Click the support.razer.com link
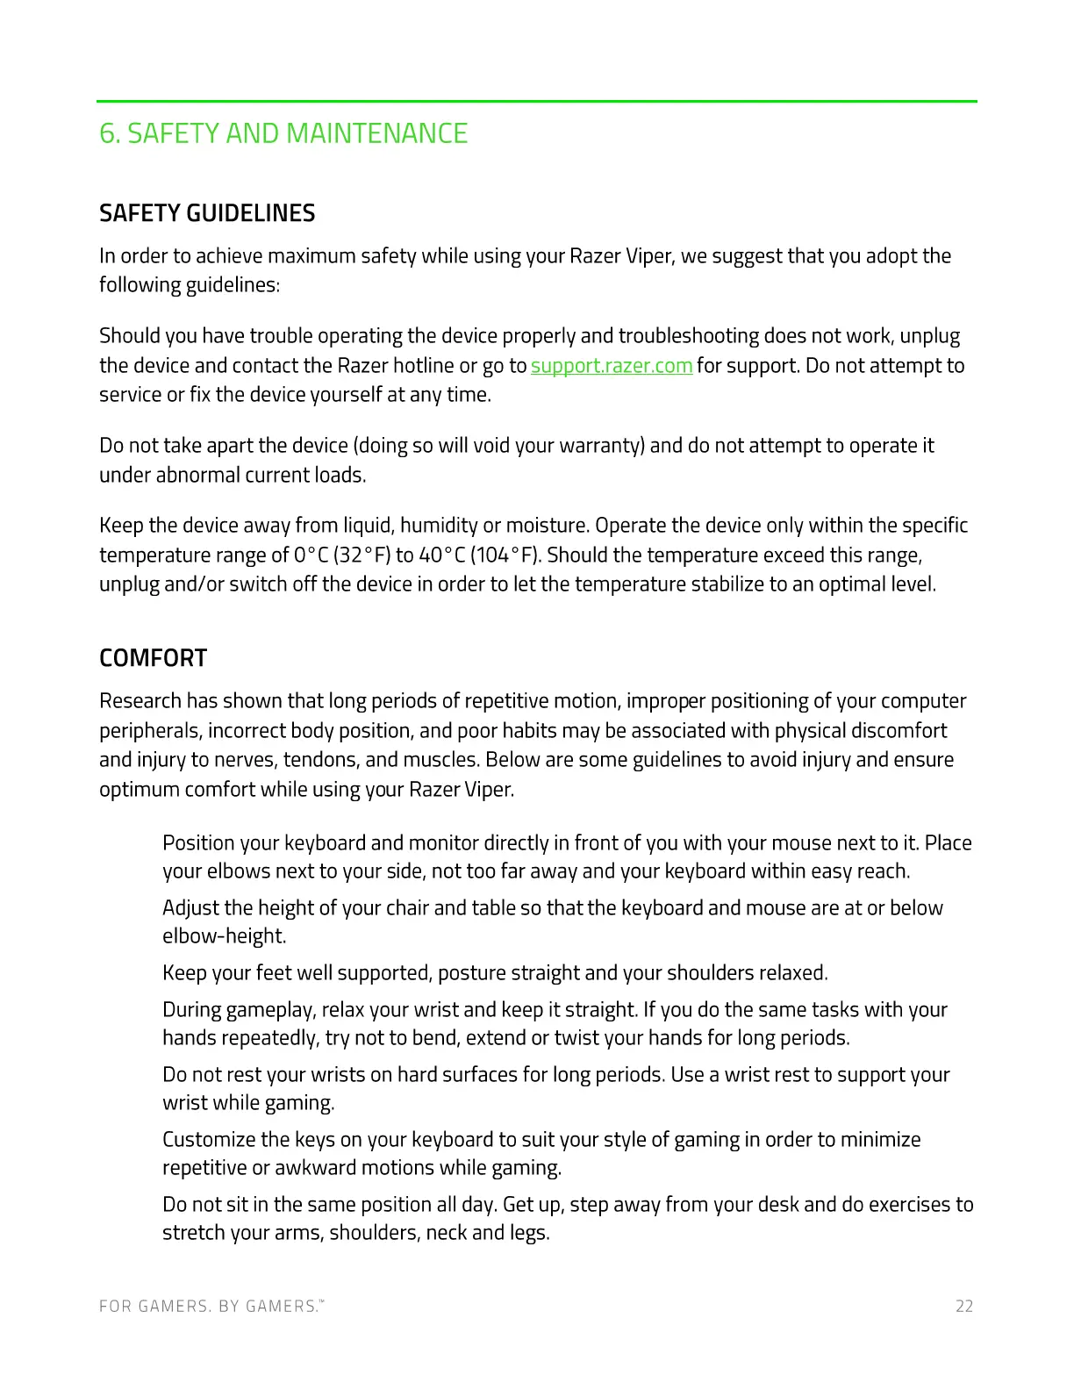[x=612, y=366]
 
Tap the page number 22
[x=964, y=1307]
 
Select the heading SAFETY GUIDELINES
[x=207, y=213]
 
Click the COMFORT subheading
[x=154, y=658]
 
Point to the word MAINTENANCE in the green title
[x=377, y=133]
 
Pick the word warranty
[x=600, y=446]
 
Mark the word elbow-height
[x=224, y=936]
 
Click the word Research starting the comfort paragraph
[x=140, y=701]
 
